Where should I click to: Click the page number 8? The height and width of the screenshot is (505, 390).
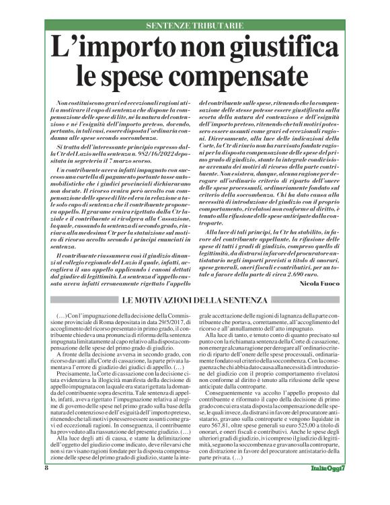point(48,485)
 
